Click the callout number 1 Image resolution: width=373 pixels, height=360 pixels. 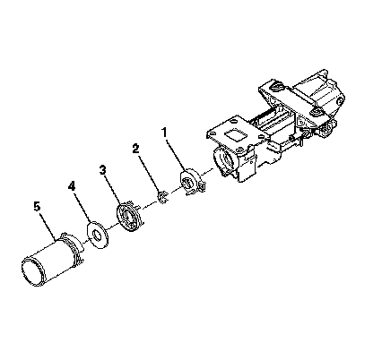point(164,133)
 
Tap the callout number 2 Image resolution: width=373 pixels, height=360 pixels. point(136,149)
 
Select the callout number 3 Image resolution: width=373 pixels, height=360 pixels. point(103,170)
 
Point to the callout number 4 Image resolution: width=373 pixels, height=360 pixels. point(72,186)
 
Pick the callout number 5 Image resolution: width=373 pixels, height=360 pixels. point(37,207)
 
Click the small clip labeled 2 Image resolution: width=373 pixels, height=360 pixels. point(163,197)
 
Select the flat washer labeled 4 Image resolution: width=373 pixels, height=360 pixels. point(98,235)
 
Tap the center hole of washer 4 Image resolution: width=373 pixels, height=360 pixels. point(97,235)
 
